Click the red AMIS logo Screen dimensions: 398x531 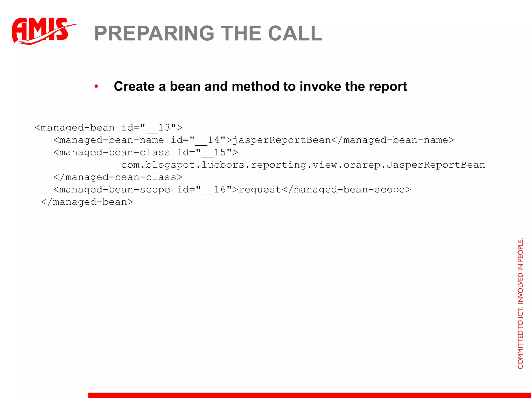tap(41, 31)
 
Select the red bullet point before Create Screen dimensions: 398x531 tap(96, 86)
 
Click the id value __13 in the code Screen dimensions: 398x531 tap(158, 128)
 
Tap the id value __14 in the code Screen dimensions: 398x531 tap(207, 140)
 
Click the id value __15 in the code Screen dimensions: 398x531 tap(214, 153)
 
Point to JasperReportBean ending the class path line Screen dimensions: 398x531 tap(436, 165)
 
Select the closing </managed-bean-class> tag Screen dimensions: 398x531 tap(118, 177)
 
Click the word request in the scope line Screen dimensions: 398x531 tap(260, 190)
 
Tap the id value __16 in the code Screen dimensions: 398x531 tap(214, 190)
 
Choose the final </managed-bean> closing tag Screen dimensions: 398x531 tap(87, 202)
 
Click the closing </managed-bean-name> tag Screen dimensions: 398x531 tap(393, 140)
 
